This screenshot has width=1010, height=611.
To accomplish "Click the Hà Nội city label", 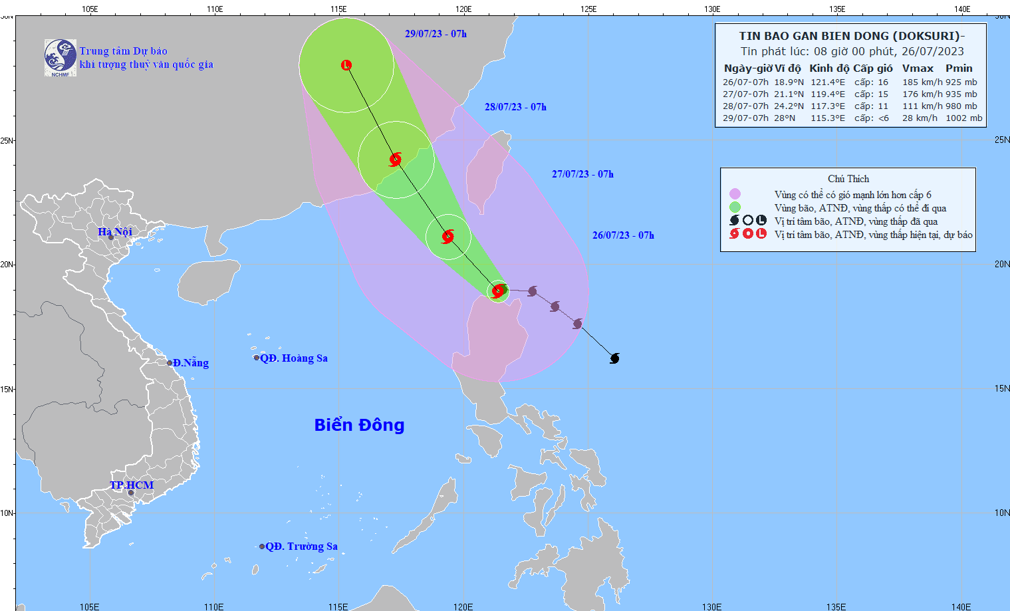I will click(x=115, y=231).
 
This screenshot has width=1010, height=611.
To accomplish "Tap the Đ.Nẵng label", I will click(x=190, y=362).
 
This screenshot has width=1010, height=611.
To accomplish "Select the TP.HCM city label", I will click(x=132, y=485).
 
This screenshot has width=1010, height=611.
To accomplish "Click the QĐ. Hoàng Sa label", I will click(x=293, y=358).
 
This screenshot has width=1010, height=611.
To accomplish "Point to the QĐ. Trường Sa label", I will click(x=301, y=546).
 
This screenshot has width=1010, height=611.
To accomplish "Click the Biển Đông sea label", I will click(x=359, y=425).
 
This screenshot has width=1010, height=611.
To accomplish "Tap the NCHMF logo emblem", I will click(x=61, y=57).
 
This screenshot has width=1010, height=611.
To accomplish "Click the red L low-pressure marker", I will click(x=346, y=65).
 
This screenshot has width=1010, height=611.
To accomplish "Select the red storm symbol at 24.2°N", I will click(x=396, y=160).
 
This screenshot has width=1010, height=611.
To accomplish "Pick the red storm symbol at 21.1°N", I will click(x=448, y=236).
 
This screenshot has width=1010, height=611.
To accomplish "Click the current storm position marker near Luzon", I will click(x=498, y=291).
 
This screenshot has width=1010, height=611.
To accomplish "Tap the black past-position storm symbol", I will click(x=615, y=358).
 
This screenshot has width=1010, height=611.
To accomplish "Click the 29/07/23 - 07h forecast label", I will click(x=436, y=34).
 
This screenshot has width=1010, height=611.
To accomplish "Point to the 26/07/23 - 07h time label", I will click(x=623, y=235).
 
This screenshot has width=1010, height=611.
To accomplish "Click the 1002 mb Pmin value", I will click(x=963, y=118).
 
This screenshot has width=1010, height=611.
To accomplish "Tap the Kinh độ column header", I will click(x=828, y=68).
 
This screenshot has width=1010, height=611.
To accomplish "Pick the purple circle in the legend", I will click(x=735, y=194).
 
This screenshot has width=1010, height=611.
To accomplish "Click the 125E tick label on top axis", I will click(x=588, y=9).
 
